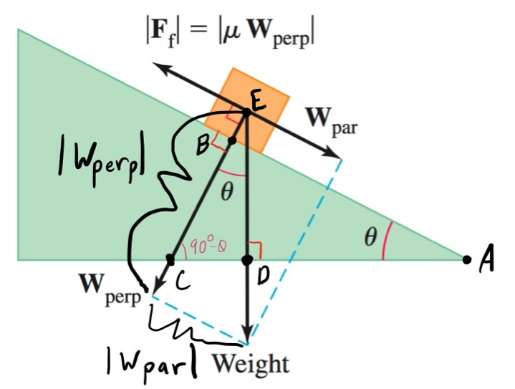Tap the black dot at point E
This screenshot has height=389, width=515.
[x=246, y=112]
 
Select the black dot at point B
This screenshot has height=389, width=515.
[x=231, y=141]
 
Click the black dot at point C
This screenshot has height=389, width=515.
[x=170, y=258]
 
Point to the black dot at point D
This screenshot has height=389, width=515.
[x=247, y=259]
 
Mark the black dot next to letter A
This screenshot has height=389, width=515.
[x=467, y=259]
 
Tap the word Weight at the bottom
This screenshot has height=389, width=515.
[x=250, y=363]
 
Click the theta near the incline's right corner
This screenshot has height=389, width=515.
[x=370, y=239]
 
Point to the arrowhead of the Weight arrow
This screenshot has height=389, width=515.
[x=247, y=337]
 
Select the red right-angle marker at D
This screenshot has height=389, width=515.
[x=256, y=250]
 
